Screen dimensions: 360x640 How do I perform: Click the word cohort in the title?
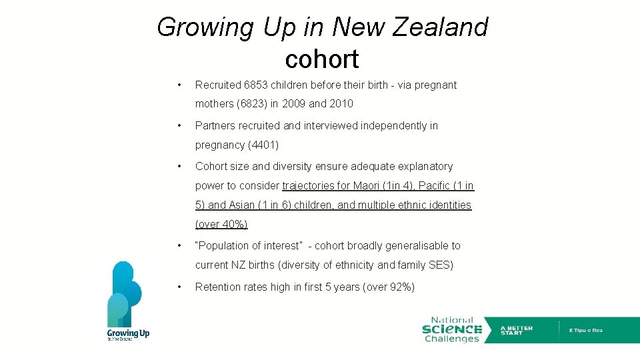tap(322, 59)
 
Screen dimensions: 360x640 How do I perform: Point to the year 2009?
tap(295, 104)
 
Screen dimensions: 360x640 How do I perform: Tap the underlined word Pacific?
tap(435, 186)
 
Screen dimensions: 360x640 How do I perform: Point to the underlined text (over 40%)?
tap(221, 225)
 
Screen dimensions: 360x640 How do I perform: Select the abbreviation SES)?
tap(441, 265)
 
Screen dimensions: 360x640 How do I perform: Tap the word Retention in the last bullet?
tap(217, 287)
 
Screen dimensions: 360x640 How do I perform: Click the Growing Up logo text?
tap(128, 333)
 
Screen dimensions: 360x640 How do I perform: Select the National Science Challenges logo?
tap(451, 329)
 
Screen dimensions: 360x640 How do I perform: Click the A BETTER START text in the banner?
tap(517, 330)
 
